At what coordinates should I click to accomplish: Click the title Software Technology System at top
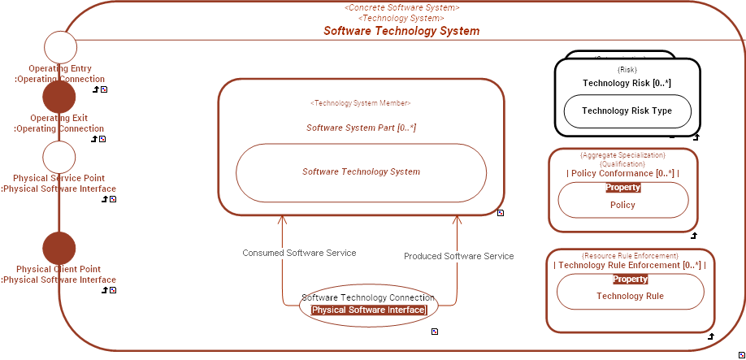401,31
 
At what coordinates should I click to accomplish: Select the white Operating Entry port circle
59,47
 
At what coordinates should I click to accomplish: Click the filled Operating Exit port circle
59,97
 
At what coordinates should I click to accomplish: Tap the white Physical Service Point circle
59,157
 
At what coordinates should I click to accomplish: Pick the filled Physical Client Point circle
59,248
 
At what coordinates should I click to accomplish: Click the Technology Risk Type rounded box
627,111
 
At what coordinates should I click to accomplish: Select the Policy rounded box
622,205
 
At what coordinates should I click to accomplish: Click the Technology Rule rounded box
630,296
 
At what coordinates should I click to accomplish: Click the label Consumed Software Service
299,253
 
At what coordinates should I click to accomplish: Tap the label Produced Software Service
458,256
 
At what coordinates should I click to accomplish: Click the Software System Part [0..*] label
361,128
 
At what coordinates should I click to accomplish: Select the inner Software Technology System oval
361,172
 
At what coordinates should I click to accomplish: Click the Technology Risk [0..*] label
627,83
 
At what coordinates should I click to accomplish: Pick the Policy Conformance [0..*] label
622,173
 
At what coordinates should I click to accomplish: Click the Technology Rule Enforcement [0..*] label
630,265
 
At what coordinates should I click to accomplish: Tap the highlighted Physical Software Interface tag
368,310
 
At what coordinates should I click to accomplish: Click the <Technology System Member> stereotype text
361,103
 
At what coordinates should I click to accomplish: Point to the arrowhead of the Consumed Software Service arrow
282,219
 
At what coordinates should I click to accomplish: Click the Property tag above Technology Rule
630,279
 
